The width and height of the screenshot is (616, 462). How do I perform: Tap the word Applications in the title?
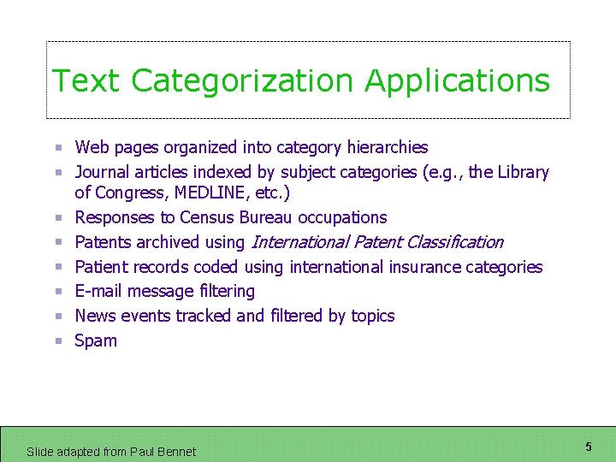coord(457,81)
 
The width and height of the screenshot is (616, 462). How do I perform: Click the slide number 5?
coord(589,447)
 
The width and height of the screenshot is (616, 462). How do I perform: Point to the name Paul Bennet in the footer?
coord(163,452)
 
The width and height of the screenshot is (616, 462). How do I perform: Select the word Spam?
coord(96,341)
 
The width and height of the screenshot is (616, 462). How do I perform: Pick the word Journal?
coord(103,172)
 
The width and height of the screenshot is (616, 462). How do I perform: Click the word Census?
coord(207,217)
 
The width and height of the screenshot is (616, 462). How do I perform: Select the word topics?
coord(372,317)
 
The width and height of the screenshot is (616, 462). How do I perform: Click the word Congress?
coord(128,193)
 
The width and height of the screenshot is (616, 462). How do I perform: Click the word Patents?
coord(104,242)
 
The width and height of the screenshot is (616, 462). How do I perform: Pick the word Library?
coord(523,172)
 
